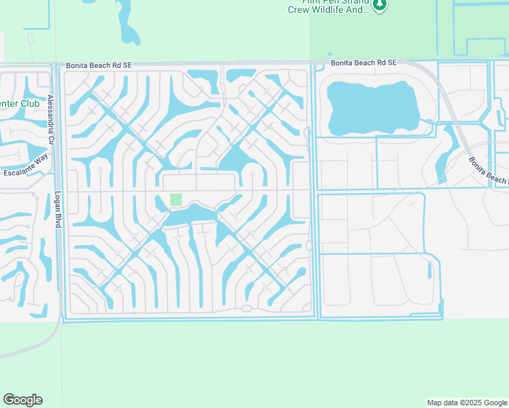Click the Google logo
(22, 400)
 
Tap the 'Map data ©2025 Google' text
(466, 403)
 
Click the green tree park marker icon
(380, 5)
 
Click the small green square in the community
(176, 199)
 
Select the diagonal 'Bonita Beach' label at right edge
(488, 171)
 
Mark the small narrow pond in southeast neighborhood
(429, 270)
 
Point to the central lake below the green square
(191, 216)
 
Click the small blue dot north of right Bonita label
(330, 54)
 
